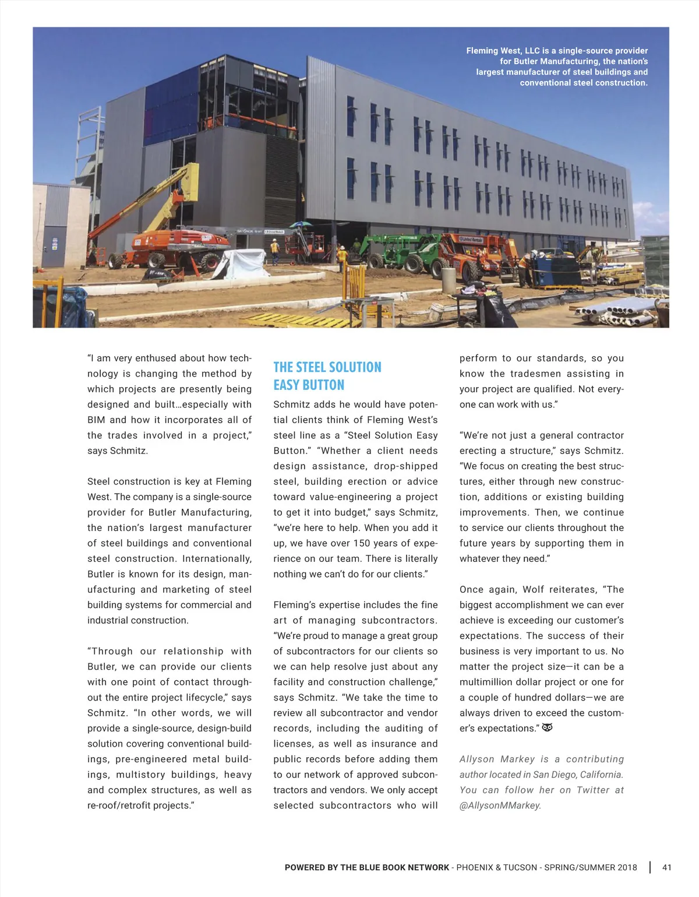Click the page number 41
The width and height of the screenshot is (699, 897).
coord(667,867)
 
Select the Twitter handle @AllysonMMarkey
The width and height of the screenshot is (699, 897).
coord(500,805)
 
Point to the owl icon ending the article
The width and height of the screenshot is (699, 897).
coord(547,728)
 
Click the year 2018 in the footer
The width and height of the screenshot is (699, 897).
coord(626,867)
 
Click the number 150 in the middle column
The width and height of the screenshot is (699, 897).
coord(362,543)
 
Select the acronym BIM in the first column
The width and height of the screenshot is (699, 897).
coord(97,420)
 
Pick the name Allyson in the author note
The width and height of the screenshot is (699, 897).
coord(476,759)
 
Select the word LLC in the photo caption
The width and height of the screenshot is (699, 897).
coord(532,51)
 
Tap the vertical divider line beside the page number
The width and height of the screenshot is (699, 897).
coord(650,867)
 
